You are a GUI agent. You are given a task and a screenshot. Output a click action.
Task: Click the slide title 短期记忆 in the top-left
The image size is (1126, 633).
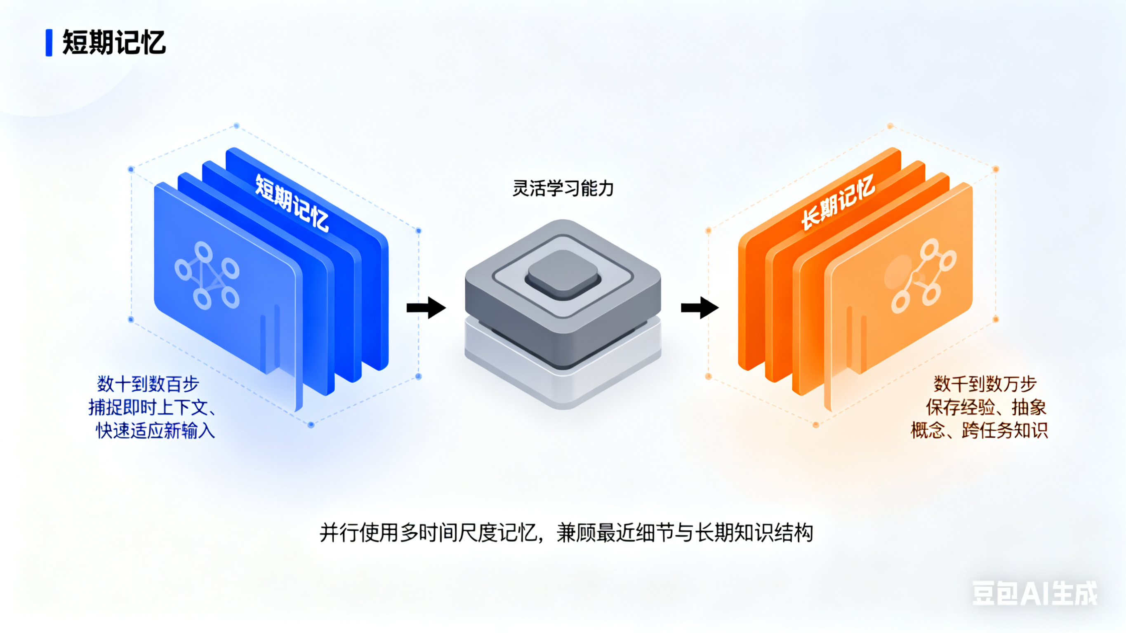(114, 43)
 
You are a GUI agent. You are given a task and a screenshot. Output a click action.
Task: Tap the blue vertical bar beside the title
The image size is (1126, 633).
(49, 43)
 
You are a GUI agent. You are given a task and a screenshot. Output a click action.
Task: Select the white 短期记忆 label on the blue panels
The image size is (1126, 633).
(292, 203)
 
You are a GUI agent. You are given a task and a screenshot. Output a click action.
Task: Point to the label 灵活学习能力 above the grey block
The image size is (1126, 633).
(563, 188)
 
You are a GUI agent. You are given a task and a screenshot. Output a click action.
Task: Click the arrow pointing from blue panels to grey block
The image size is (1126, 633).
(426, 308)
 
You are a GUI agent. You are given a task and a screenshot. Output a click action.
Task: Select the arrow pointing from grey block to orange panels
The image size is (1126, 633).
(700, 308)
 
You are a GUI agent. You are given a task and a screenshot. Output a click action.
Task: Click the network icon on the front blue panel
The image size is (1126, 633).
(207, 275)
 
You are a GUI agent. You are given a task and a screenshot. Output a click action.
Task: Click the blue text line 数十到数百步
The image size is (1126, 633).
(148, 384)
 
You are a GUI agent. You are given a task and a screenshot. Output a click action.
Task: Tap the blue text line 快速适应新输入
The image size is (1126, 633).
(155, 431)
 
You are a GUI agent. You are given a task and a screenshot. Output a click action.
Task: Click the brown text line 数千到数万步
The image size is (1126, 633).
(985, 384)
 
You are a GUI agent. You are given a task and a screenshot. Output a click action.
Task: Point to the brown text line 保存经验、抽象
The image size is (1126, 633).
(986, 407)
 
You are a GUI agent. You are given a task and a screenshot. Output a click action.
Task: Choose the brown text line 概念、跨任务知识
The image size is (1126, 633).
(979, 431)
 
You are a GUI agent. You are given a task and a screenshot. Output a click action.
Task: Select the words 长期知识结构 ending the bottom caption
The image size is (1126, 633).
(754, 533)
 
